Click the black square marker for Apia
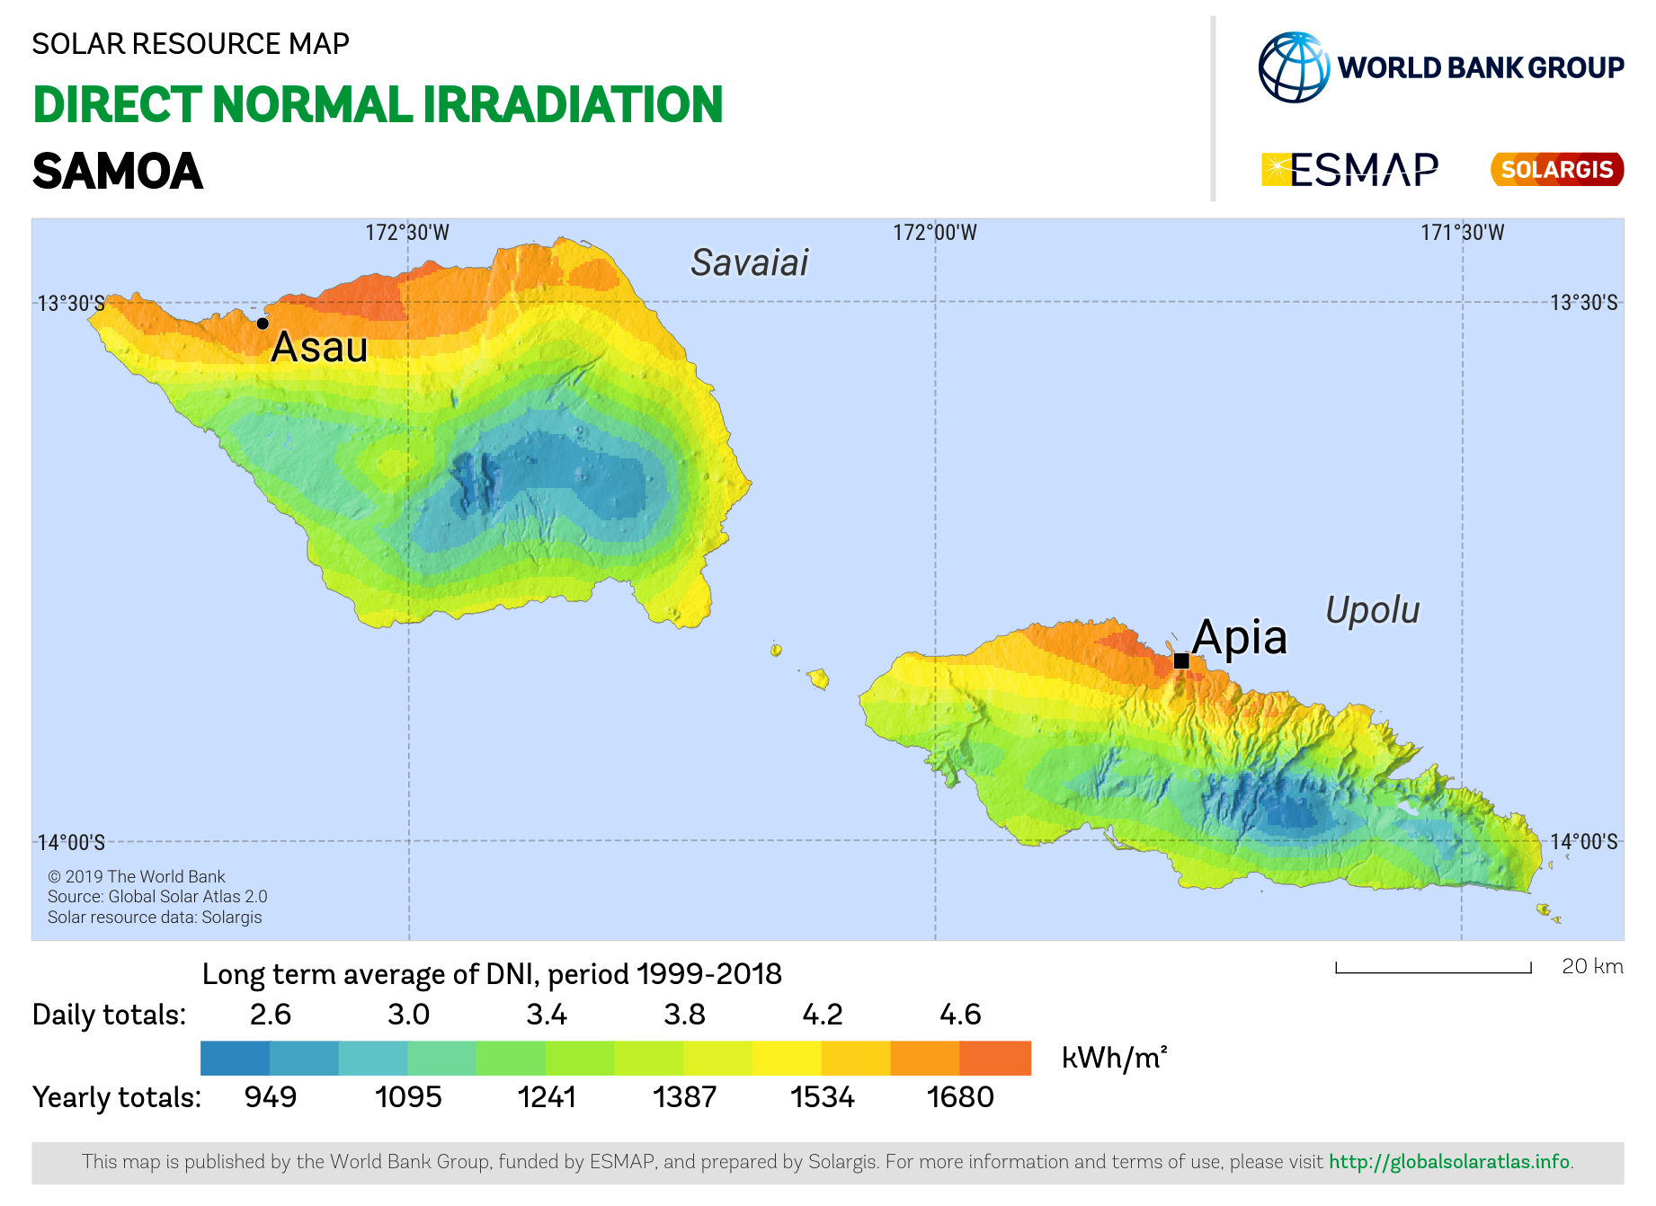(1181, 661)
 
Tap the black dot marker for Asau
(263, 324)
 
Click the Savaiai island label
(749, 262)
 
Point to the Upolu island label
(1372, 610)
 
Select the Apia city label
(1240, 637)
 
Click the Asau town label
(319, 347)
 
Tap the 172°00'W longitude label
(934, 233)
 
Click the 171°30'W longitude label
(1462, 233)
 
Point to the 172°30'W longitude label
(406, 233)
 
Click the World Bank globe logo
(1294, 67)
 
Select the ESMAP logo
(1349, 169)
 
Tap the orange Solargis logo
(1556, 169)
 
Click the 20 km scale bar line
(1433, 971)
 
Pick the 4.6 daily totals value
(960, 1015)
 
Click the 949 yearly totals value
(271, 1097)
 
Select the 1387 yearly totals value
(684, 1097)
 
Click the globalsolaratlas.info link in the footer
(1449, 1161)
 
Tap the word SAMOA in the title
(118, 171)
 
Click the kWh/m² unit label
(1114, 1058)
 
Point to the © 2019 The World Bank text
(136, 876)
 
